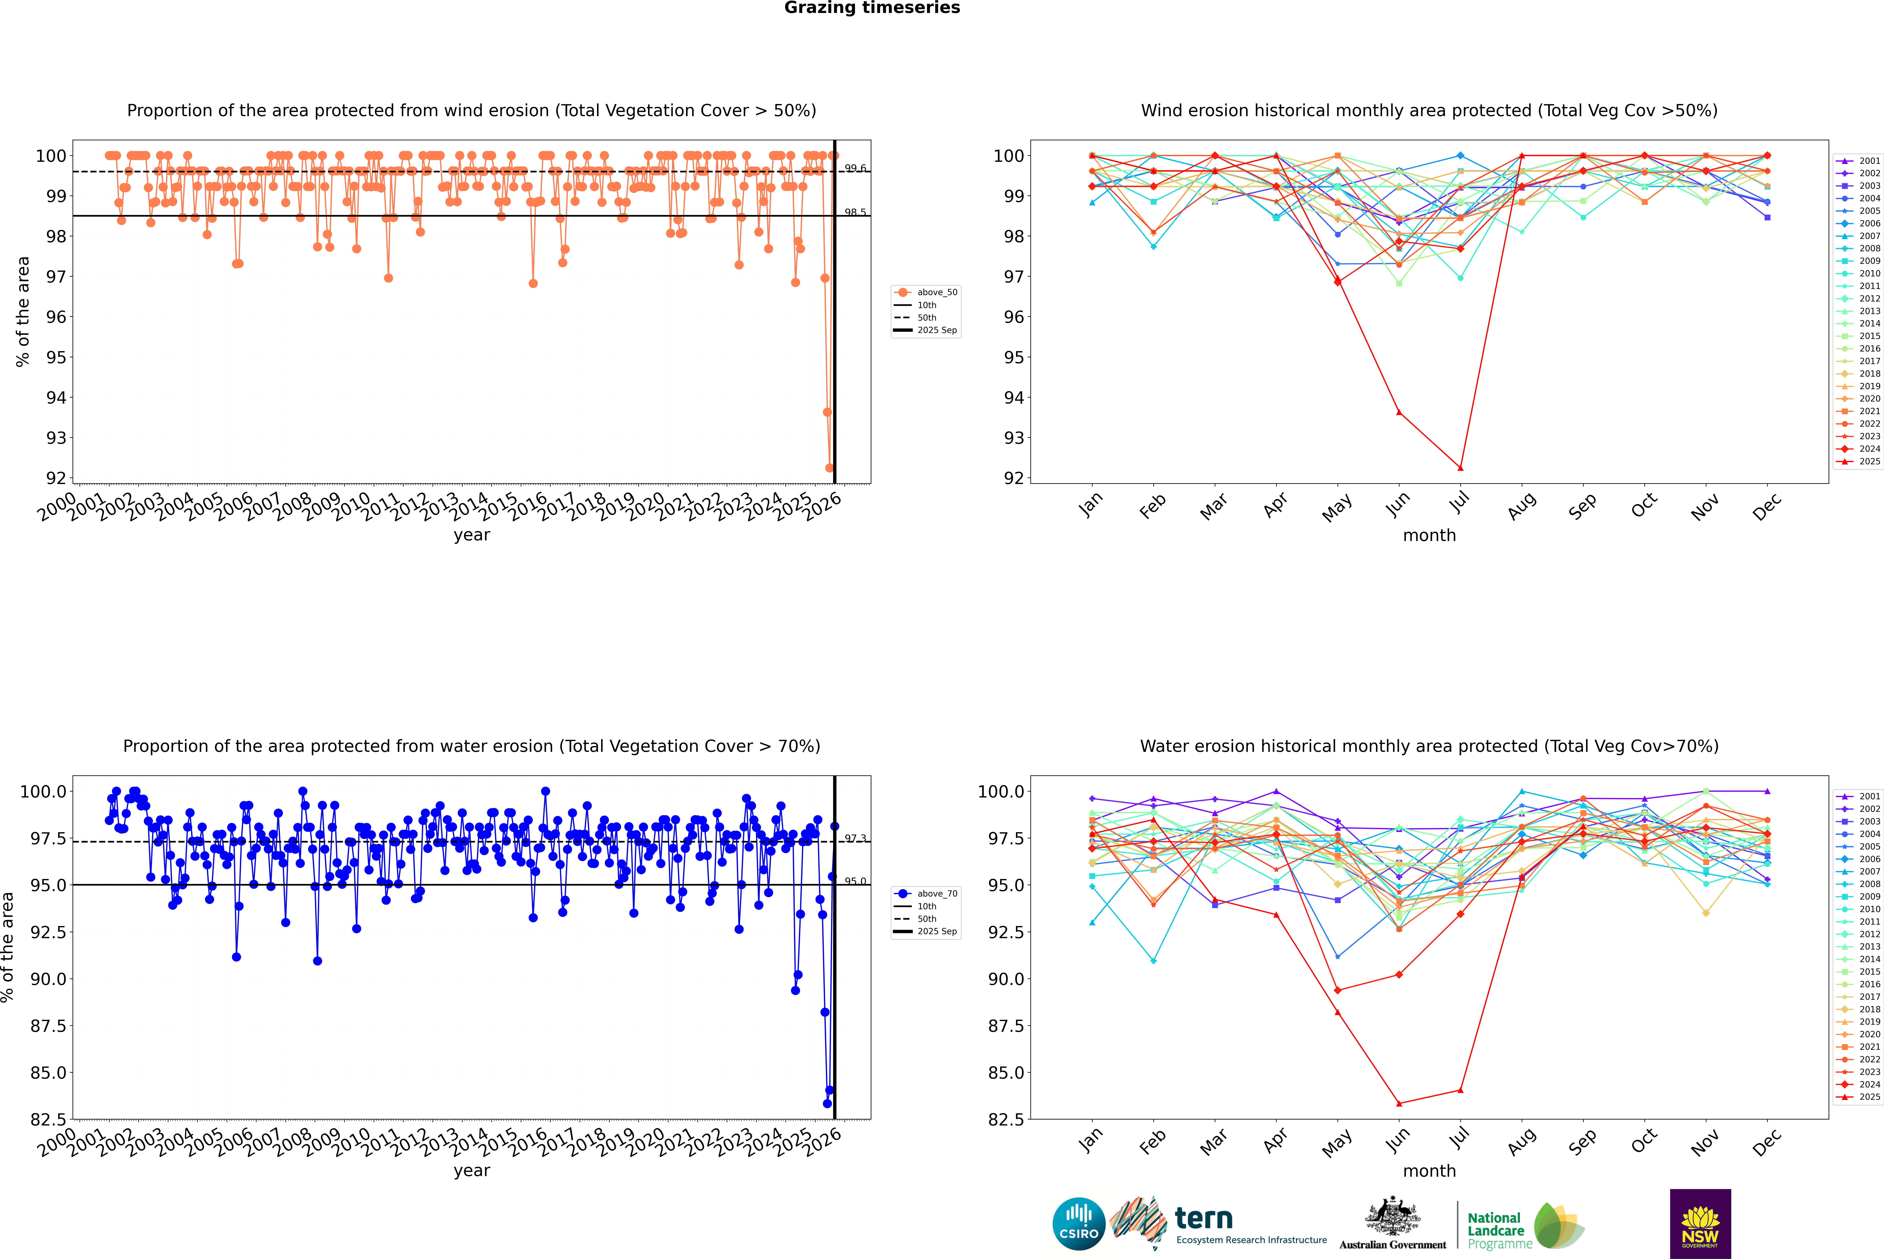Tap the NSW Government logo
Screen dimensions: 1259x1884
(1700, 1224)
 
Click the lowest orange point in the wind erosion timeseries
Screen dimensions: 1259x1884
(829, 468)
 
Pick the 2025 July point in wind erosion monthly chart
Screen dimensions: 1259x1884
(1460, 468)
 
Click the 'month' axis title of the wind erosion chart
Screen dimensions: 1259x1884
(1429, 536)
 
